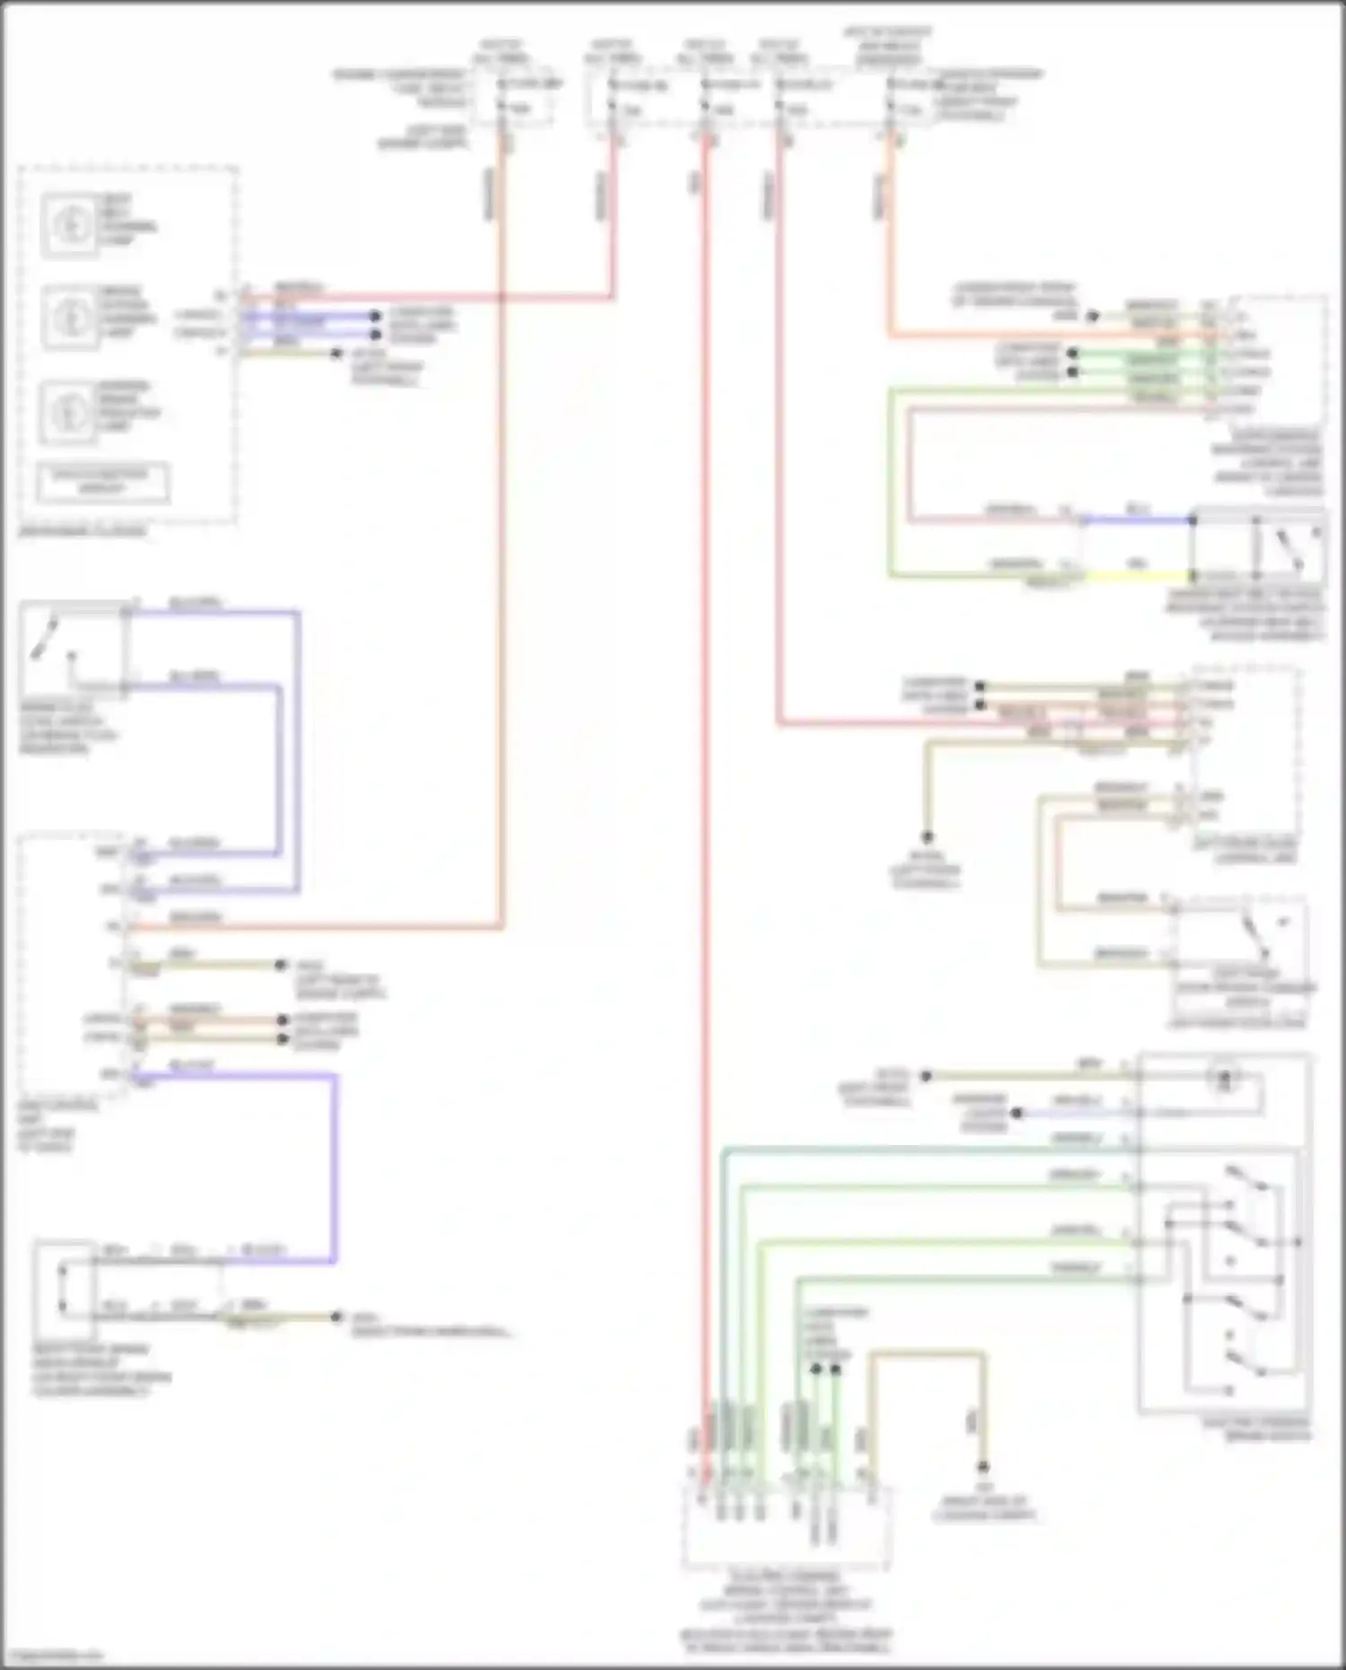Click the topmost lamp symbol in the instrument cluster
[x=70, y=223]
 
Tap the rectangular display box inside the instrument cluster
[x=102, y=484]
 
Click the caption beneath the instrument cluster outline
[x=82, y=531]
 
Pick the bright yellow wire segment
[x=1138, y=576]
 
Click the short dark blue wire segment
[x=1136, y=520]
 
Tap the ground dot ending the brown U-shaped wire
[x=983, y=1467]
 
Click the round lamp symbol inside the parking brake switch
[x=1223, y=1080]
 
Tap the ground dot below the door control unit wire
[x=928, y=836]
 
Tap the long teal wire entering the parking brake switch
[x=924, y=1148]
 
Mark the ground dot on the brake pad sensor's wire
[x=336, y=1316]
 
